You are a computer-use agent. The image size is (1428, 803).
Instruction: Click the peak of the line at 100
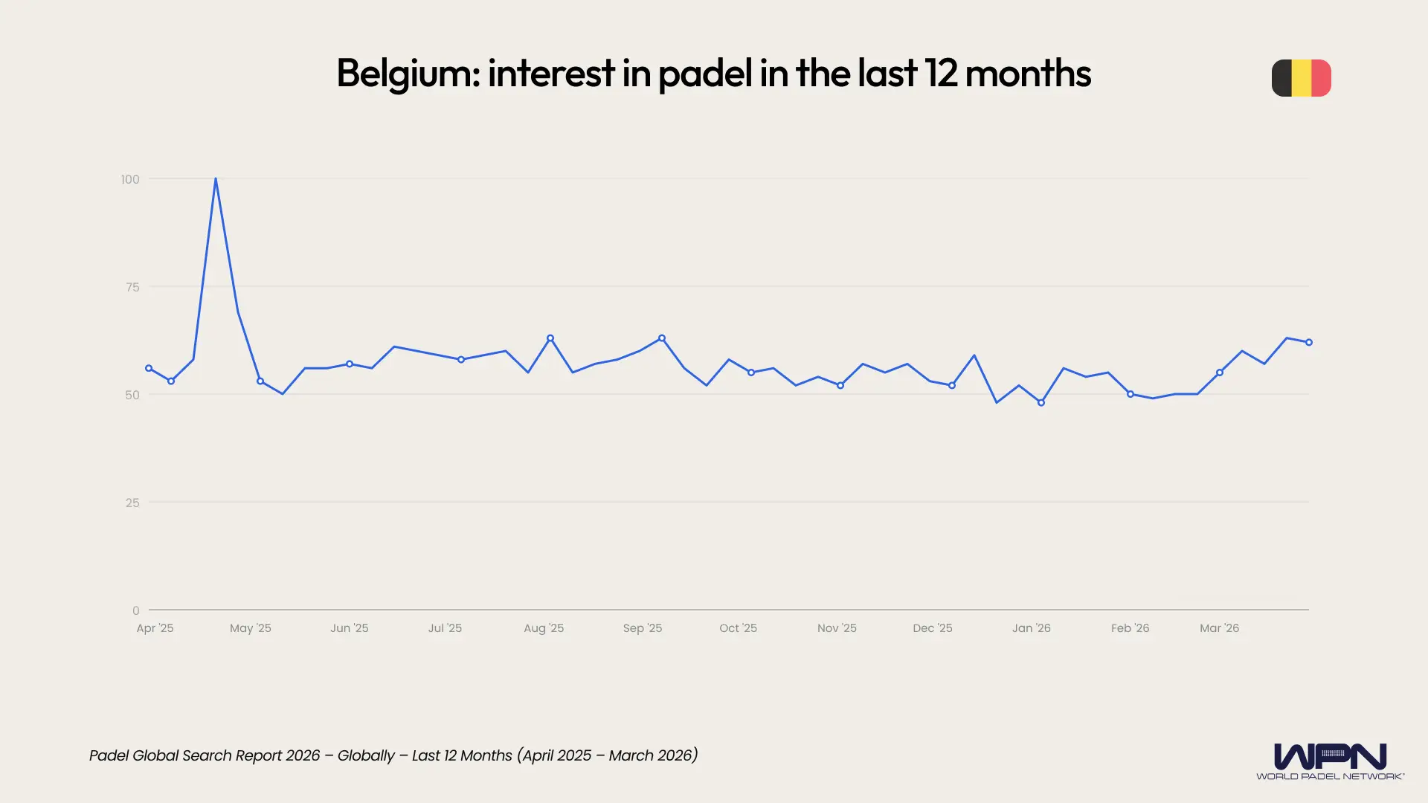pyautogui.click(x=216, y=179)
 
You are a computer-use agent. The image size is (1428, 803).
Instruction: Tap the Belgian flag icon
pyautogui.click(x=1301, y=78)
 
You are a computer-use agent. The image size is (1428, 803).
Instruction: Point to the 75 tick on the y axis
pyautogui.click(x=132, y=287)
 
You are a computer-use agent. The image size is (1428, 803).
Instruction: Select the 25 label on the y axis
pyautogui.click(x=132, y=503)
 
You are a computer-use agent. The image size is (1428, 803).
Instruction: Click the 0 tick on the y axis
pyautogui.click(x=135, y=610)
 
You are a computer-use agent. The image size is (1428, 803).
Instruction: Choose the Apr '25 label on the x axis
pyautogui.click(x=155, y=628)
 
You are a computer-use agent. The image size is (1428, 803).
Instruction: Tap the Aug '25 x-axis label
pyautogui.click(x=544, y=628)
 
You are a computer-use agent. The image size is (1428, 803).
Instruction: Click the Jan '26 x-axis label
pyautogui.click(x=1031, y=628)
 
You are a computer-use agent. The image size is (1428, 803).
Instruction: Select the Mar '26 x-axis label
pyautogui.click(x=1219, y=628)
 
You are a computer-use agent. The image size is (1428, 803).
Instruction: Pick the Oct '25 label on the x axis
pyautogui.click(x=738, y=628)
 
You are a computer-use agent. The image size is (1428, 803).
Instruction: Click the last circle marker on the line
pyautogui.click(x=1309, y=343)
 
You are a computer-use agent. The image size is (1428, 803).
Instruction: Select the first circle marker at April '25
pyautogui.click(x=149, y=369)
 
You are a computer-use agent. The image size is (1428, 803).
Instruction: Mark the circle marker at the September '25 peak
pyautogui.click(x=662, y=338)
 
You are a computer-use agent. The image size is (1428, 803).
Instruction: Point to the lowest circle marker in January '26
pyautogui.click(x=1041, y=403)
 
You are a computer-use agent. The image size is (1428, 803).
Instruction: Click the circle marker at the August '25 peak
pyautogui.click(x=550, y=338)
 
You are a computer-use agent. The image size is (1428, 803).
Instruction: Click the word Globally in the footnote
pyautogui.click(x=366, y=755)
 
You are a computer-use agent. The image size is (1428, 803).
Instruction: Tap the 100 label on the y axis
pyautogui.click(x=130, y=179)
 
